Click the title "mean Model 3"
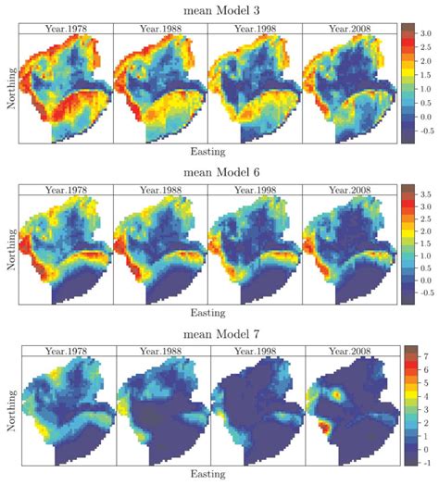point(221,10)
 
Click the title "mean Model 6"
point(221,171)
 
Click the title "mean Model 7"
point(221,334)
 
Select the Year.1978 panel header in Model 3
point(66,29)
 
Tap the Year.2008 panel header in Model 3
point(349,29)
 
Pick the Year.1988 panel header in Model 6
point(160,190)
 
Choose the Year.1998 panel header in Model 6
point(255,190)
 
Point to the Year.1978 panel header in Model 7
point(66,351)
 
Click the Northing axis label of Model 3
point(11,89)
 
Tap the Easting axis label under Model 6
point(207,313)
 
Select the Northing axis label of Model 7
point(11,411)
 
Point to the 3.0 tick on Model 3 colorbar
point(425,33)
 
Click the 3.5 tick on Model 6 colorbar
point(425,194)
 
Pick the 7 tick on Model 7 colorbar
point(426,356)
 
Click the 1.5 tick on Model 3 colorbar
point(425,75)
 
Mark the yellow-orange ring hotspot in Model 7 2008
point(336,394)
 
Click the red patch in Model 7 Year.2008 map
point(323,428)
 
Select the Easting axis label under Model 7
point(207,474)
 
